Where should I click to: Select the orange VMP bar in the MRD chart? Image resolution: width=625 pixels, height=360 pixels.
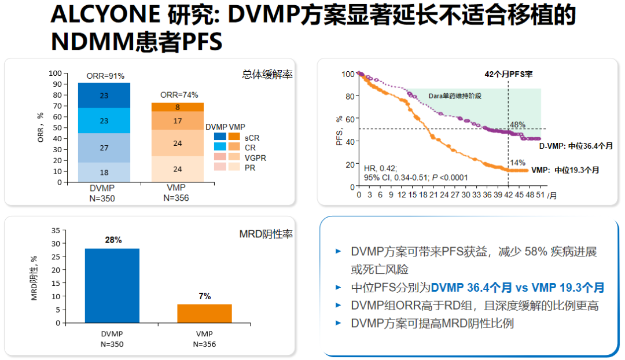[204, 313]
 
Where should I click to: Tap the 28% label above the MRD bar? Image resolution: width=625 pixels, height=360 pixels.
[113, 240]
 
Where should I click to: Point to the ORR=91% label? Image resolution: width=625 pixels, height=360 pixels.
[105, 76]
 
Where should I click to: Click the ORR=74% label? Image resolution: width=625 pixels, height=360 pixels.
[179, 95]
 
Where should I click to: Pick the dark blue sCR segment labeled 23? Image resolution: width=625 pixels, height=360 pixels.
[104, 95]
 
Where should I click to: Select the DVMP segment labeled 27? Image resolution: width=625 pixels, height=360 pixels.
[104, 148]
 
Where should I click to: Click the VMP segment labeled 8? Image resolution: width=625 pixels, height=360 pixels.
[177, 107]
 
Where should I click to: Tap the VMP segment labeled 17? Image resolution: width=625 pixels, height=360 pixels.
[177, 121]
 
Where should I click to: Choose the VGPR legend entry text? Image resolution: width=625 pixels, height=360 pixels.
[255, 157]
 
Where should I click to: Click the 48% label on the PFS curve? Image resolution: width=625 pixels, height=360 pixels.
[517, 124]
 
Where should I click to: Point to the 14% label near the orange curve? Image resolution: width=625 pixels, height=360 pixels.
[517, 163]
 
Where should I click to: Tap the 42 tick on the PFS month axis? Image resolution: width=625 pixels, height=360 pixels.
[508, 194]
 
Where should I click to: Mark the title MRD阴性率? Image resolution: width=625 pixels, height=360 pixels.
[266, 234]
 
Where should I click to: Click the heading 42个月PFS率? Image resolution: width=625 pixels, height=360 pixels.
[508, 75]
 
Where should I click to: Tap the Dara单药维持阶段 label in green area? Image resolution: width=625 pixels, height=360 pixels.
[455, 95]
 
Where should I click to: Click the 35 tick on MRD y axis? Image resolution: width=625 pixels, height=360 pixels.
[56, 230]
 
